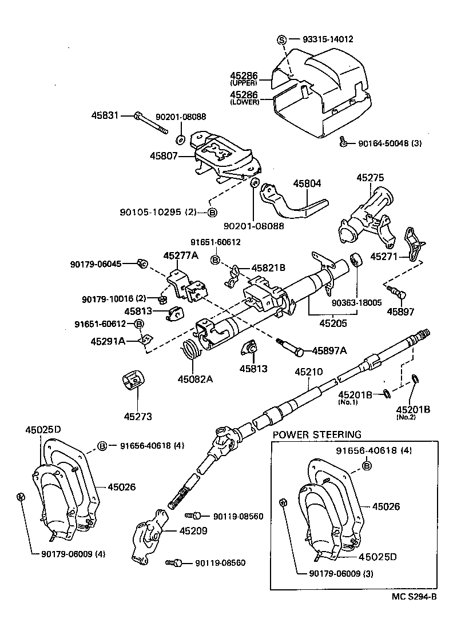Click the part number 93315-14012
(x=328, y=39)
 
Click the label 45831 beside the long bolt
(x=105, y=115)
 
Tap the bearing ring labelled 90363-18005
(x=356, y=261)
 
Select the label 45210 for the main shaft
(x=308, y=372)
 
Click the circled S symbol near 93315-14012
(x=281, y=39)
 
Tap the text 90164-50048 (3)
(x=390, y=143)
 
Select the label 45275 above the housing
(x=371, y=178)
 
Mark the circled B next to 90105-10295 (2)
(x=212, y=212)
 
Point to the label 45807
(x=164, y=155)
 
